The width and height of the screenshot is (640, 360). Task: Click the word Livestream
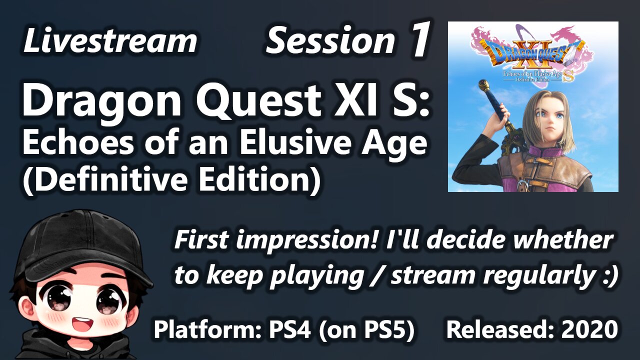click(110, 40)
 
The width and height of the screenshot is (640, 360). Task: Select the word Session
click(330, 40)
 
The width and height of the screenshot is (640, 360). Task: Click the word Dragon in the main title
click(101, 100)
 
